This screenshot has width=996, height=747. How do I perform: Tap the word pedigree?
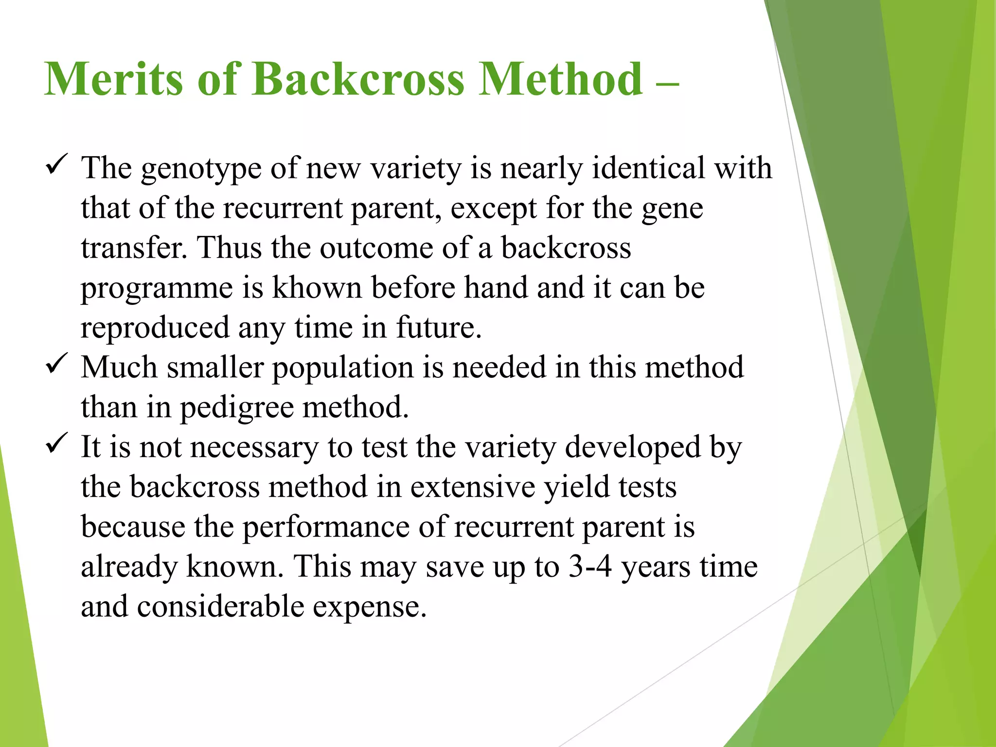[237, 408]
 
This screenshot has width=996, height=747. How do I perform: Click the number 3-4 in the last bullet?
[590, 567]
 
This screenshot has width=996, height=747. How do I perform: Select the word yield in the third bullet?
[576, 487]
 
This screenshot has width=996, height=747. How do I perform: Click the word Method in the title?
[561, 79]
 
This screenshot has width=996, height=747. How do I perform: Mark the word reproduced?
[155, 327]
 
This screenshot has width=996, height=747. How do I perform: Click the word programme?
[157, 288]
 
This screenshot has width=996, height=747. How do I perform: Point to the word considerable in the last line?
[220, 607]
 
